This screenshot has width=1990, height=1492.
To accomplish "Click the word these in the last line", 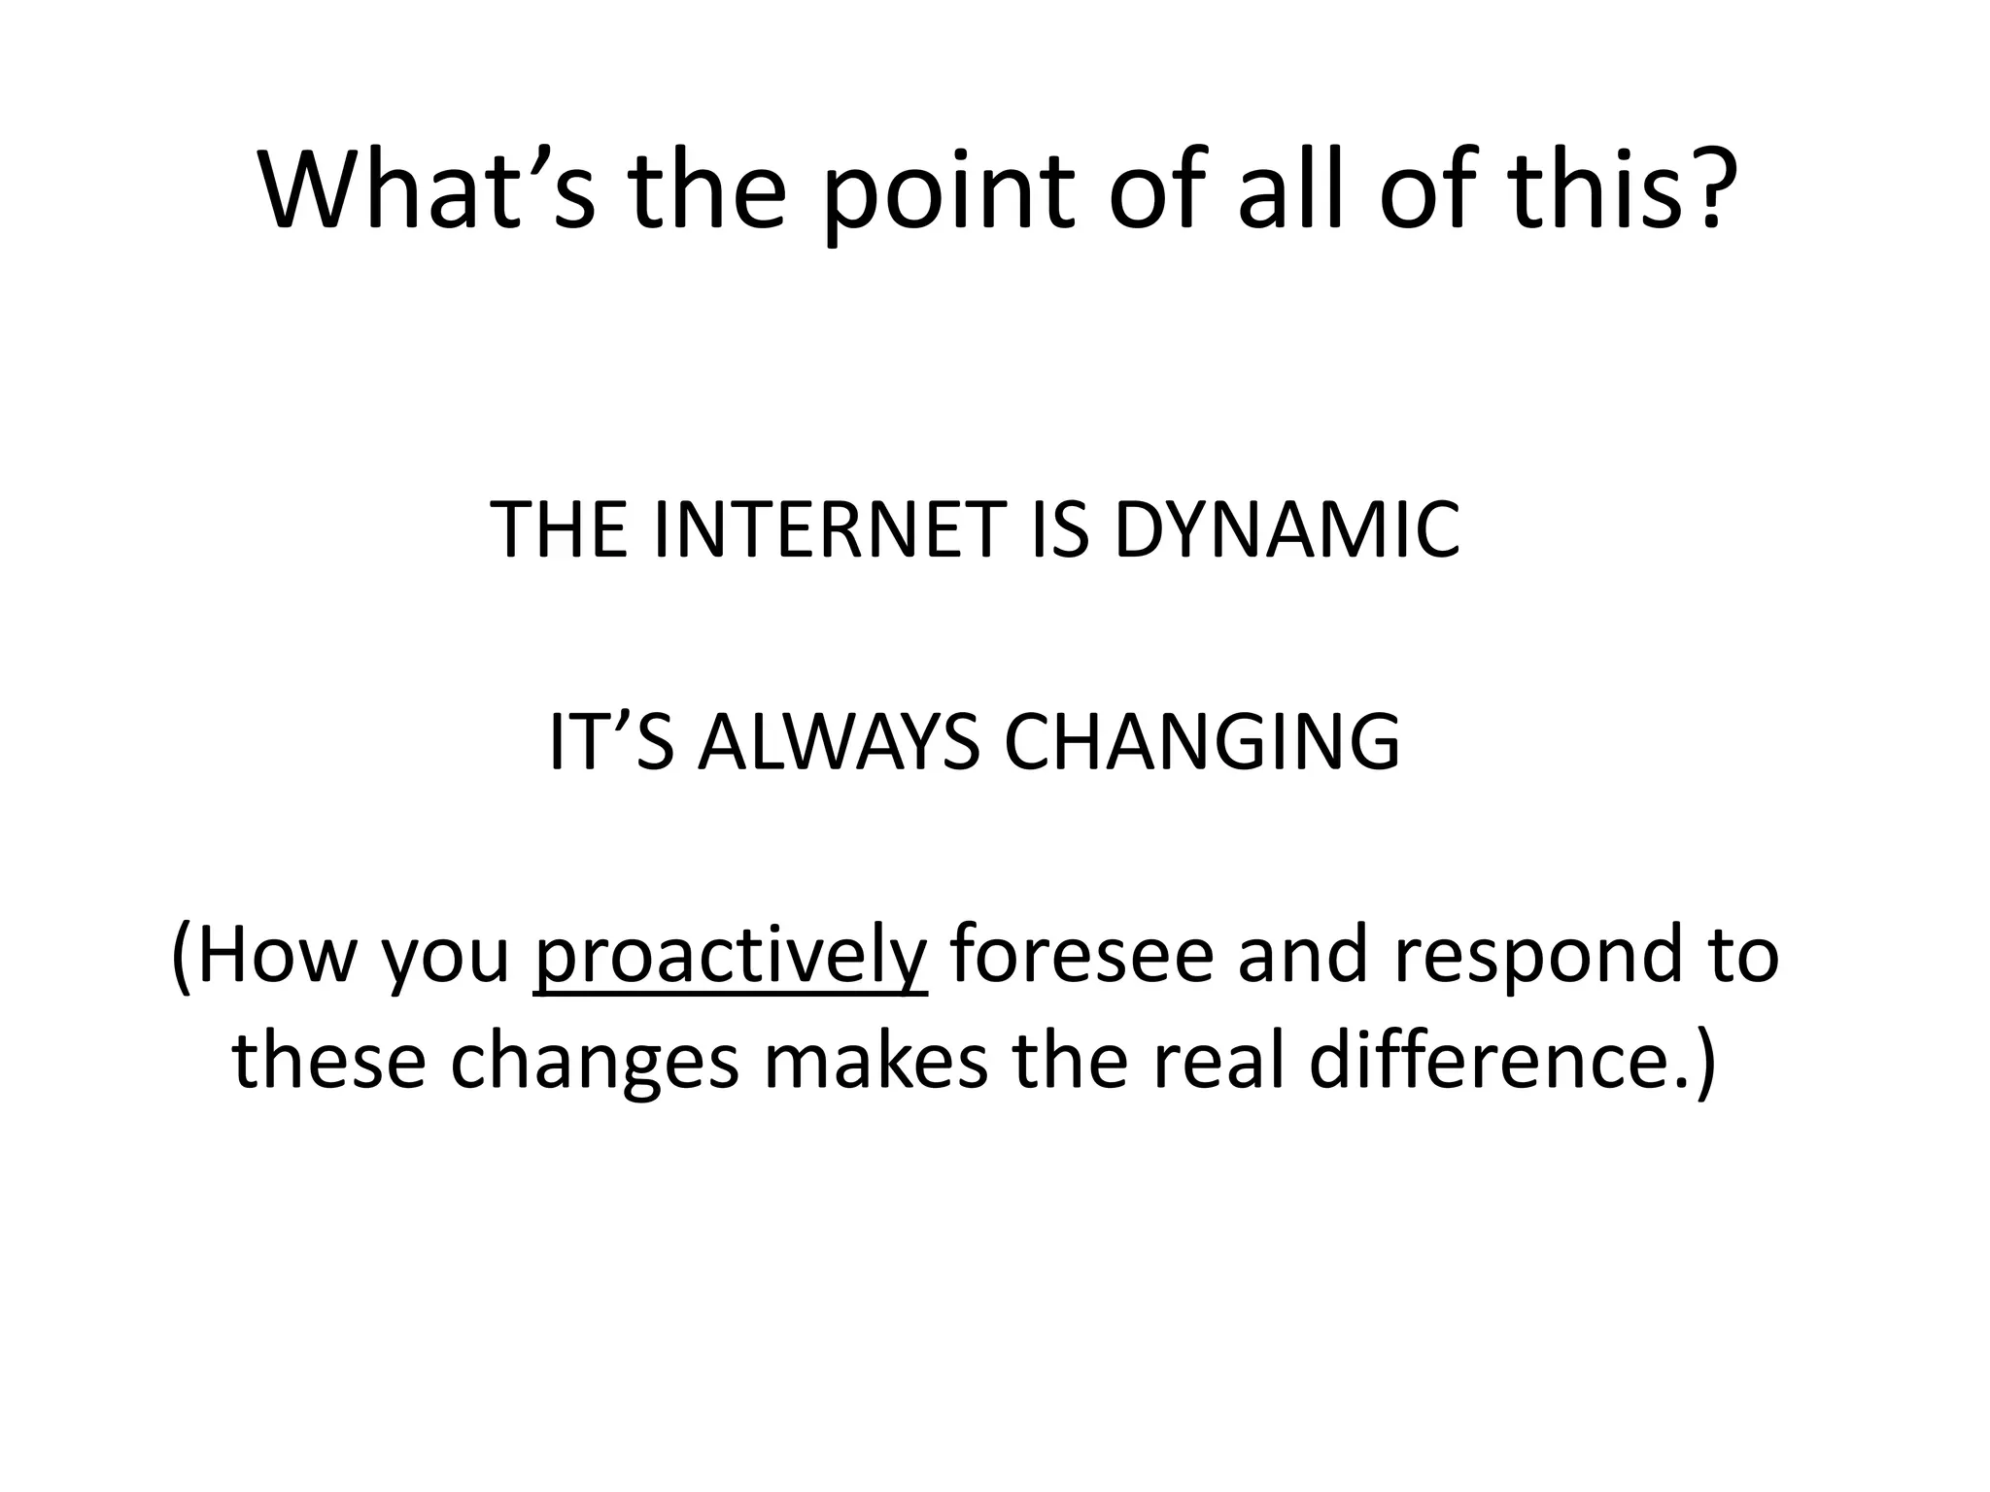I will [328, 1061].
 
